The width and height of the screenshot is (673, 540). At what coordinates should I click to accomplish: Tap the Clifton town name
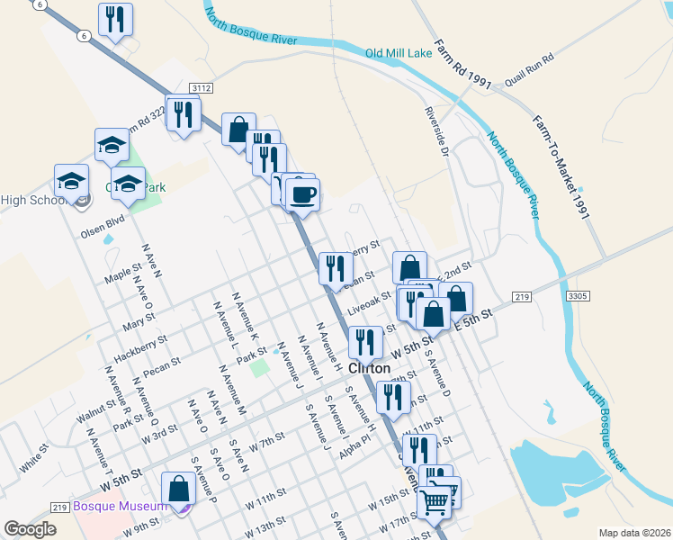[x=369, y=368]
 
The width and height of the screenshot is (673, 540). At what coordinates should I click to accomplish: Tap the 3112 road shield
[x=201, y=87]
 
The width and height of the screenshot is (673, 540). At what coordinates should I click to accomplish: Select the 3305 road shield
[x=578, y=295]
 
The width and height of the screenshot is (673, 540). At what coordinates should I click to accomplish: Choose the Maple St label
[x=123, y=270]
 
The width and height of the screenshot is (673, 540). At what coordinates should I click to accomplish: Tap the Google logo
[x=30, y=529]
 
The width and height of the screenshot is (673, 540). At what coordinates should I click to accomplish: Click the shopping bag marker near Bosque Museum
[x=179, y=489]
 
